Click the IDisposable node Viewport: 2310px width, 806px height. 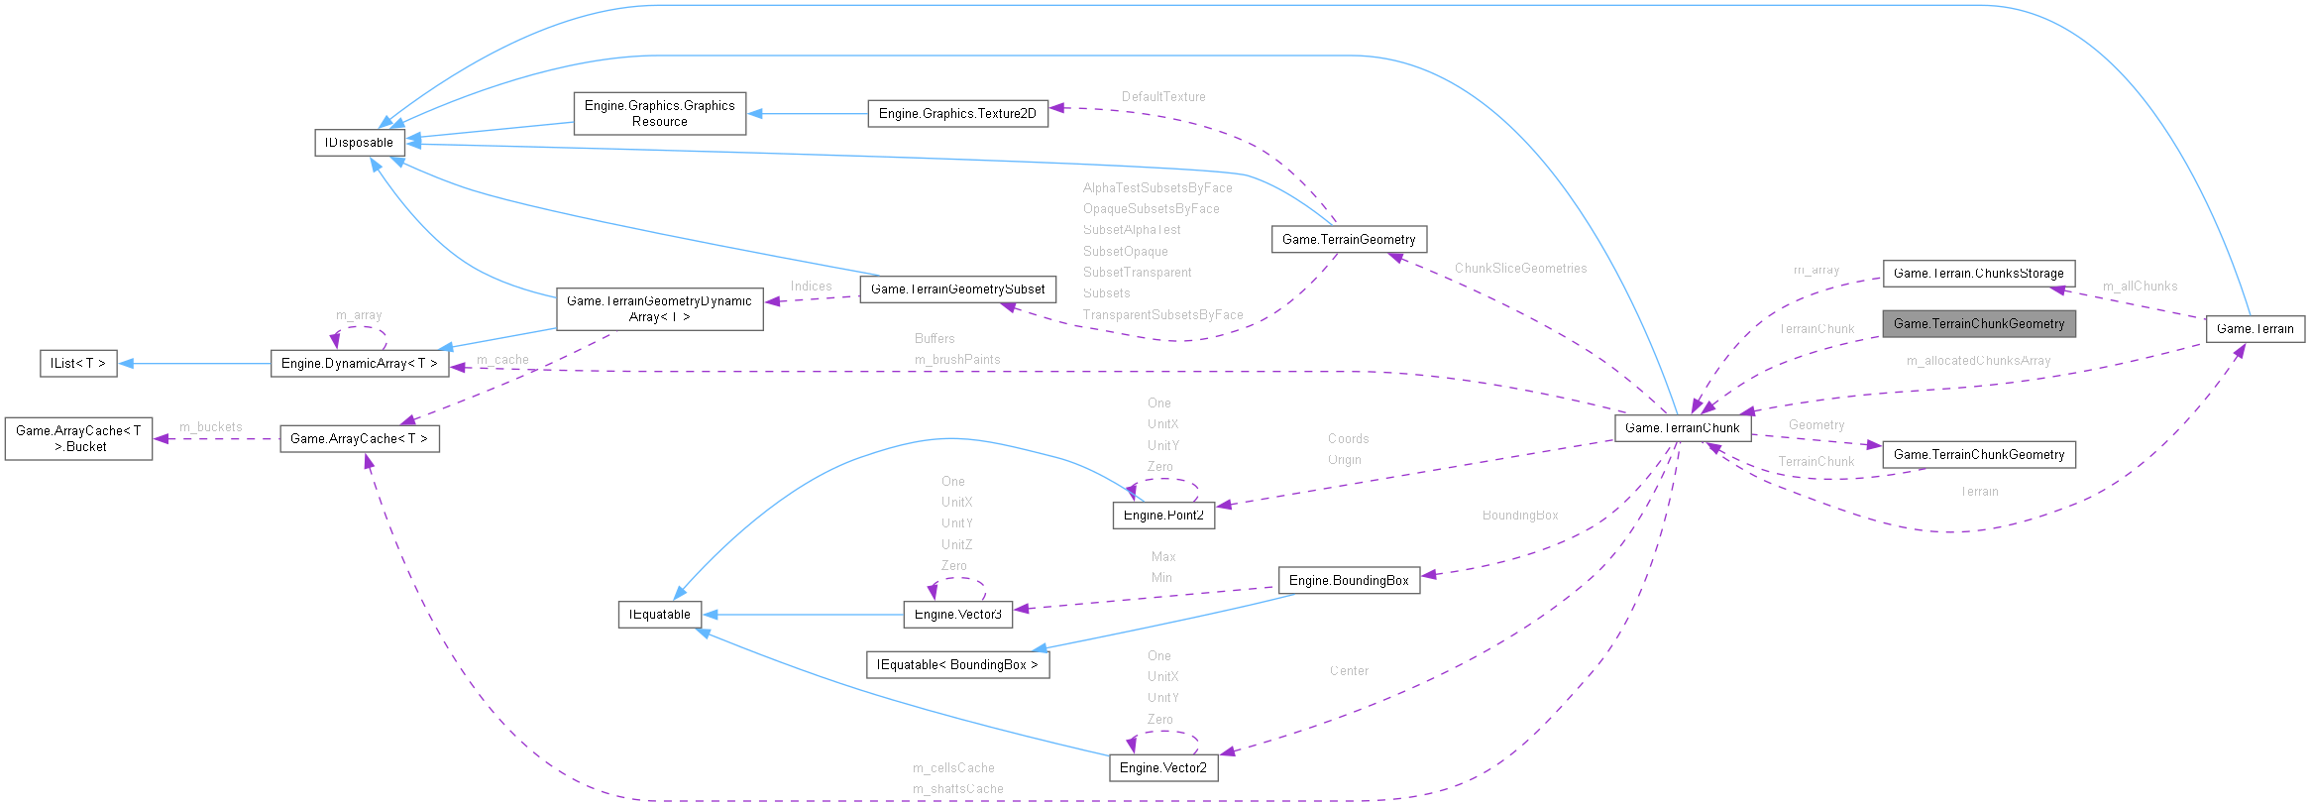pos(359,143)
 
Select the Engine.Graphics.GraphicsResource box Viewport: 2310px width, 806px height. pos(659,114)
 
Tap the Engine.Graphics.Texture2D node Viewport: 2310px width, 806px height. pos(957,114)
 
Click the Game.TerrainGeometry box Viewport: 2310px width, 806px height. pos(1349,239)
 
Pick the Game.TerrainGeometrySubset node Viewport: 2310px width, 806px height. pos(957,289)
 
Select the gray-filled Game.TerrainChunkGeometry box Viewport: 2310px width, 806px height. pos(1978,324)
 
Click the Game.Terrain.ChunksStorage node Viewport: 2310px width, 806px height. pos(1978,274)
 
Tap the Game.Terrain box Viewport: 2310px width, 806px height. pos(2255,329)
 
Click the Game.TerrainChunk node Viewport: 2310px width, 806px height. pos(1682,428)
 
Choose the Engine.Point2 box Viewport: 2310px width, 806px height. pos(1163,516)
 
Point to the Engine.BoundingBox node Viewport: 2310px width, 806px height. pos(1349,581)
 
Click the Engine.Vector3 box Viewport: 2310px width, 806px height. pos(957,615)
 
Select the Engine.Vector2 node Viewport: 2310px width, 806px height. pos(1163,768)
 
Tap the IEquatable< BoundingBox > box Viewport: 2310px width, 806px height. pos(957,665)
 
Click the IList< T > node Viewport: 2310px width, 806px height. pos(78,364)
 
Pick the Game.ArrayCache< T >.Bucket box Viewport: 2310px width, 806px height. pos(78,438)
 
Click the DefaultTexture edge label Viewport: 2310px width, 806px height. pos(1163,97)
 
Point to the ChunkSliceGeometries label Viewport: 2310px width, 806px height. pos(1520,269)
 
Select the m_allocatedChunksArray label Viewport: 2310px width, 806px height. pos(1978,361)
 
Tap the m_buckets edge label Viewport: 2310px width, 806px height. pos(210,427)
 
